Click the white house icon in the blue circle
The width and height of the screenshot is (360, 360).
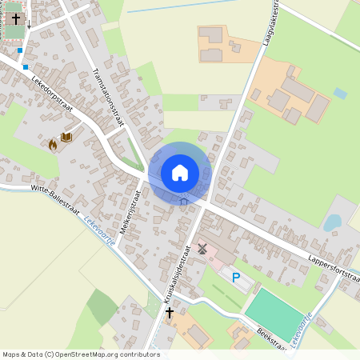[x=180, y=172]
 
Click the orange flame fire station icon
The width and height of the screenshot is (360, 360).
[x=54, y=145]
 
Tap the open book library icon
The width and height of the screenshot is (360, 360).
[x=67, y=138]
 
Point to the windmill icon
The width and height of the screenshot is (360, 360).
[x=202, y=249]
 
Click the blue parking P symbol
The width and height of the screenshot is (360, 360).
[x=236, y=278]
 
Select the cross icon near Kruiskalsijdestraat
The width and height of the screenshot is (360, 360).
[x=170, y=312]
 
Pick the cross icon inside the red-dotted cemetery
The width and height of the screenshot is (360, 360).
[x=16, y=17]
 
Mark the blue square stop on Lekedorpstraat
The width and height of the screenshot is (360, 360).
[x=26, y=67]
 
